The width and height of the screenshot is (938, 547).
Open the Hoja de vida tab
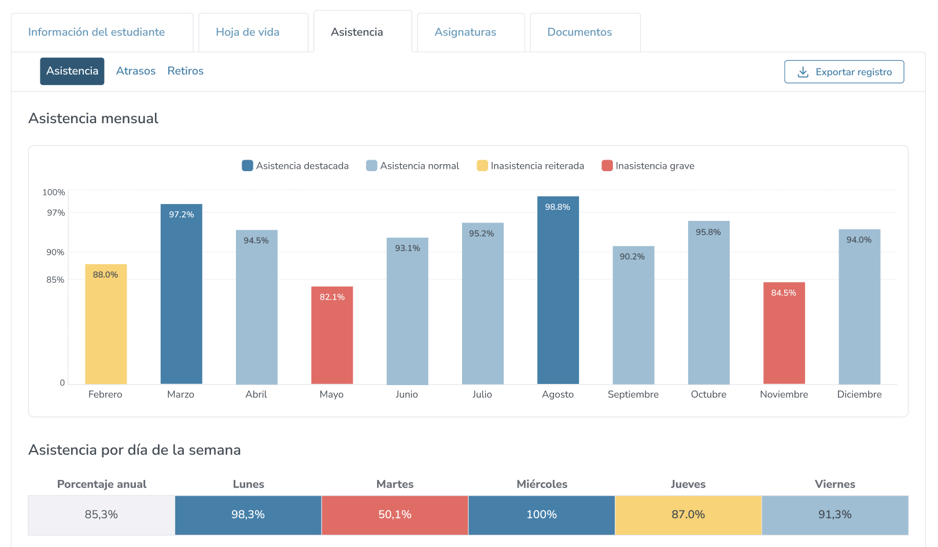coord(248,32)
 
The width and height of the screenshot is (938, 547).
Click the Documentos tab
coord(579,32)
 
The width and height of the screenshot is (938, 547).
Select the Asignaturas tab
coord(466,32)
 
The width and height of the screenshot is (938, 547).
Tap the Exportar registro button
coord(844,72)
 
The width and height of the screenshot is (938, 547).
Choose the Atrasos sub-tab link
coord(136,71)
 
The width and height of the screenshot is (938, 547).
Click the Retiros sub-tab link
coord(186,71)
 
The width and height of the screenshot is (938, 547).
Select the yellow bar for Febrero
coord(106,330)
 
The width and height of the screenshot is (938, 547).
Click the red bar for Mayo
coord(332,341)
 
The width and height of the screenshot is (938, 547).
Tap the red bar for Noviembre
coord(784,338)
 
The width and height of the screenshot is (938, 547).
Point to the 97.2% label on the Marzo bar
coord(182,215)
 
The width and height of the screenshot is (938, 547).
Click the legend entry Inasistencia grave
coord(648,166)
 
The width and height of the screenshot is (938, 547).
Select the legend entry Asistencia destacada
coord(296,166)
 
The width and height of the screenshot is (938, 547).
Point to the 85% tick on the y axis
coord(56,280)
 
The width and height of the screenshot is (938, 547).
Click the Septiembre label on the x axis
coord(633,394)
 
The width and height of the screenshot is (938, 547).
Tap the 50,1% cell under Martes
coord(395,515)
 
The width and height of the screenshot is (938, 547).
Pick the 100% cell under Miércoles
coord(542,515)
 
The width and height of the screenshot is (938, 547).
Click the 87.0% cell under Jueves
coord(688,515)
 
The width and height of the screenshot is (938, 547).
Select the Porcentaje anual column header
coord(102,485)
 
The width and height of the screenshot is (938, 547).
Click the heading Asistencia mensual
coord(93,119)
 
